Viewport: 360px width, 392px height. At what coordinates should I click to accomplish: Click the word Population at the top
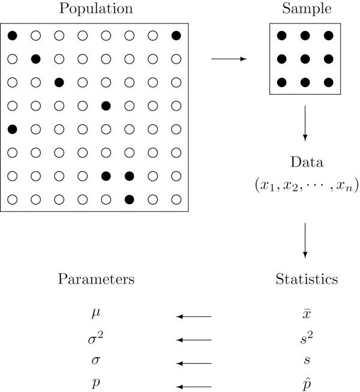point(95,10)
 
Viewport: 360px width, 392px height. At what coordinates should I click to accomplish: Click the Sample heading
point(306,10)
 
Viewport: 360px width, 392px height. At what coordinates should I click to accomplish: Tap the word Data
point(306,163)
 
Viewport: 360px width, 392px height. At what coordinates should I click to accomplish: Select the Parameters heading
point(96,280)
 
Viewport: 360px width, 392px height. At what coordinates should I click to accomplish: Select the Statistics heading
point(306,280)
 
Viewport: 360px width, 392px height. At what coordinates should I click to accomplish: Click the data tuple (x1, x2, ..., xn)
point(306,185)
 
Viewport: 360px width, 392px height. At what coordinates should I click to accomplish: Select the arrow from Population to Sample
point(229,59)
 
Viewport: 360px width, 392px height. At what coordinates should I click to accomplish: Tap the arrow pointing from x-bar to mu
point(194,316)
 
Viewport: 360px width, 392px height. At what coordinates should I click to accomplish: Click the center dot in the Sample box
point(305,59)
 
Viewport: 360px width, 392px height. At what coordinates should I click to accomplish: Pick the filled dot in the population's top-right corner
point(176,36)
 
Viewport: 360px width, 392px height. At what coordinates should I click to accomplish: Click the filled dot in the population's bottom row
point(129,199)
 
